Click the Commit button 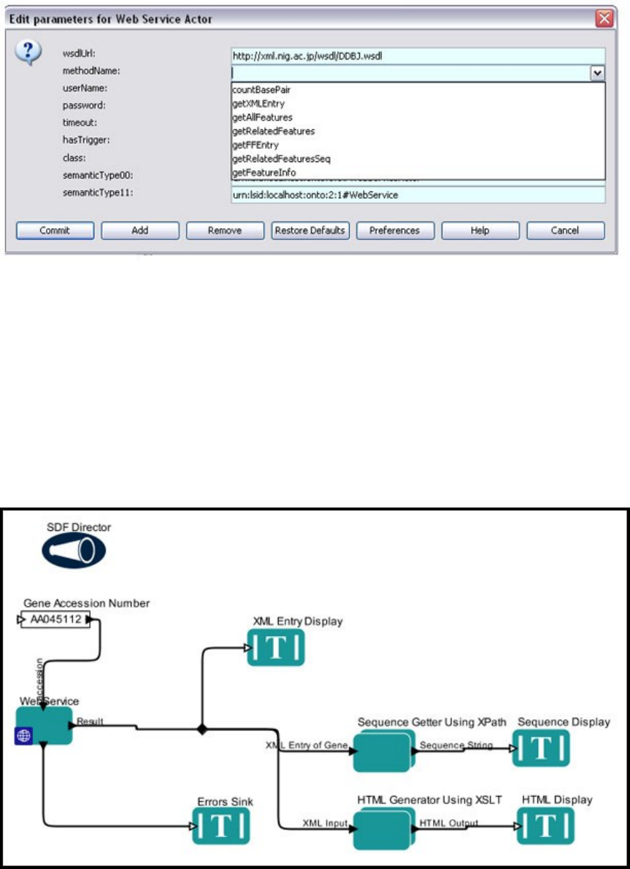coord(55,230)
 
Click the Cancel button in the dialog coord(566,230)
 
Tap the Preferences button coord(394,230)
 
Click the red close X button coord(604,19)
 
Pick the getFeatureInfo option coord(264,172)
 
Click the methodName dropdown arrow coord(598,73)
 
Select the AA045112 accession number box coord(55,620)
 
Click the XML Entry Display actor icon coord(276,647)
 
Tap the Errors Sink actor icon coord(223,827)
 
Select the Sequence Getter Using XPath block coord(383,749)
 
